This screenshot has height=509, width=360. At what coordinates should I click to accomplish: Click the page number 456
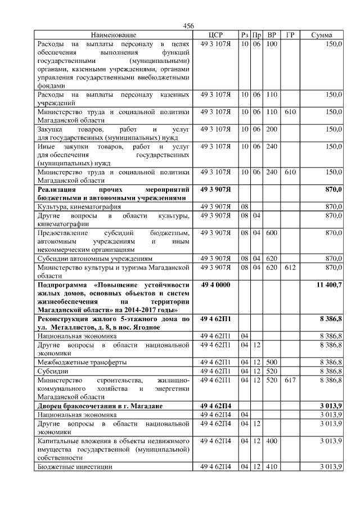click(x=188, y=26)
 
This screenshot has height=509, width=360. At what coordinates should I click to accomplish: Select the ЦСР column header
click(x=216, y=35)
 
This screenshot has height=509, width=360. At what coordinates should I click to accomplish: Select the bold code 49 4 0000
click(x=216, y=286)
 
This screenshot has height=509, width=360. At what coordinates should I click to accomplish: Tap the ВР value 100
click(x=272, y=43)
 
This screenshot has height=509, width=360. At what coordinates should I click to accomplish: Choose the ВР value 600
click(x=272, y=232)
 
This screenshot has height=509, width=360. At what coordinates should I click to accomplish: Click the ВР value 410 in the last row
click(x=272, y=467)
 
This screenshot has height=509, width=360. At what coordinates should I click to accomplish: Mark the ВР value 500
click(x=272, y=362)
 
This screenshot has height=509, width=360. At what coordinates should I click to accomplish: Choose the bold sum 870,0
click(x=334, y=190)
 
